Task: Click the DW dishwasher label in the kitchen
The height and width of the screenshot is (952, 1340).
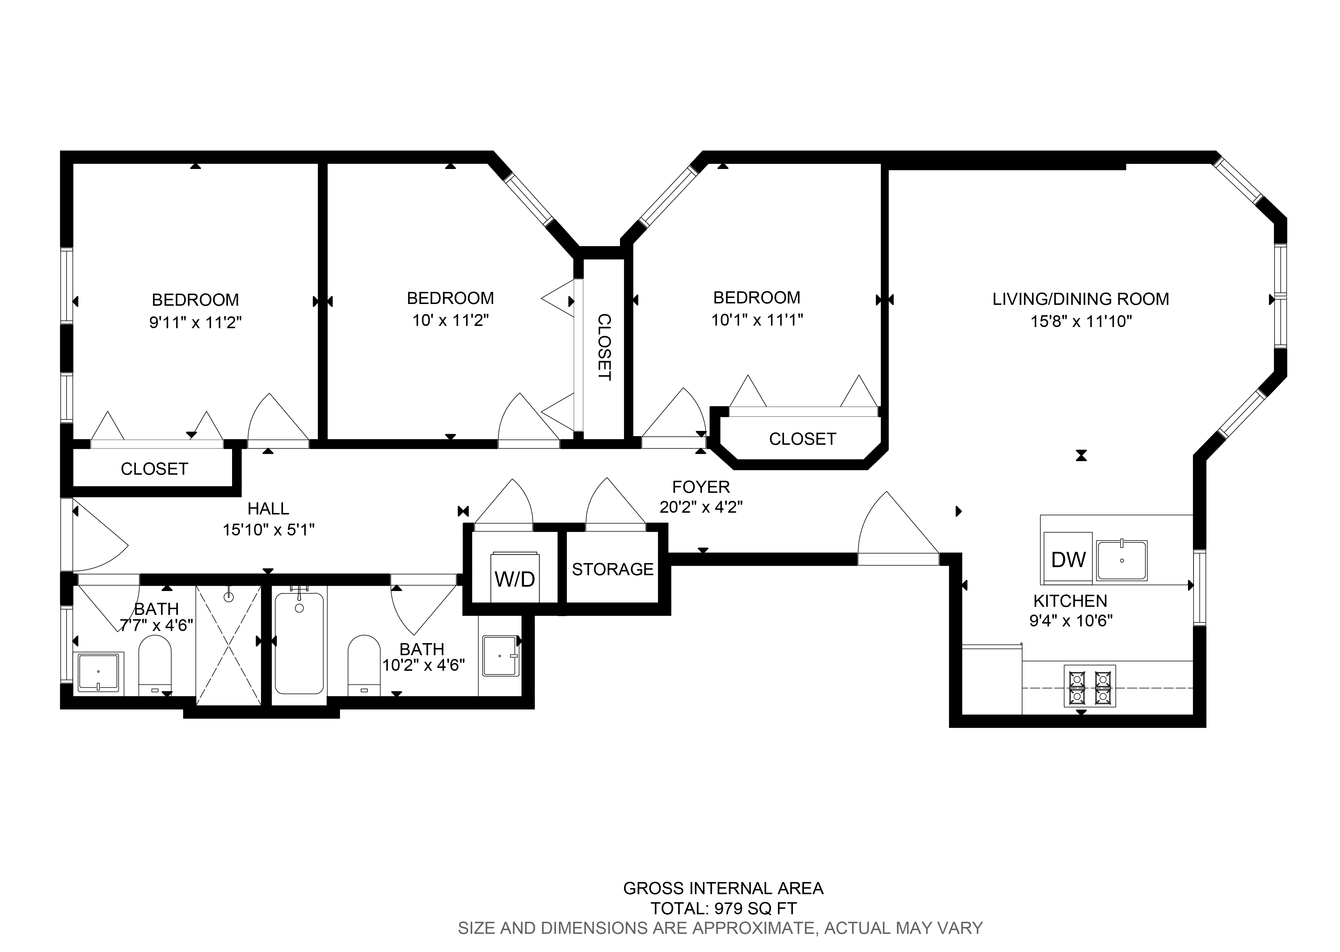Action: point(1068,560)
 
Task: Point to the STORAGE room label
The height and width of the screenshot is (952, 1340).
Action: point(612,569)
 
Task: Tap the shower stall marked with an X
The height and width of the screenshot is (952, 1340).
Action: point(229,645)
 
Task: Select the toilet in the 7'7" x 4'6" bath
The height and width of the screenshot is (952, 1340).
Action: point(155,665)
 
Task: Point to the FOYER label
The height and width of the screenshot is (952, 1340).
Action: point(701,487)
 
